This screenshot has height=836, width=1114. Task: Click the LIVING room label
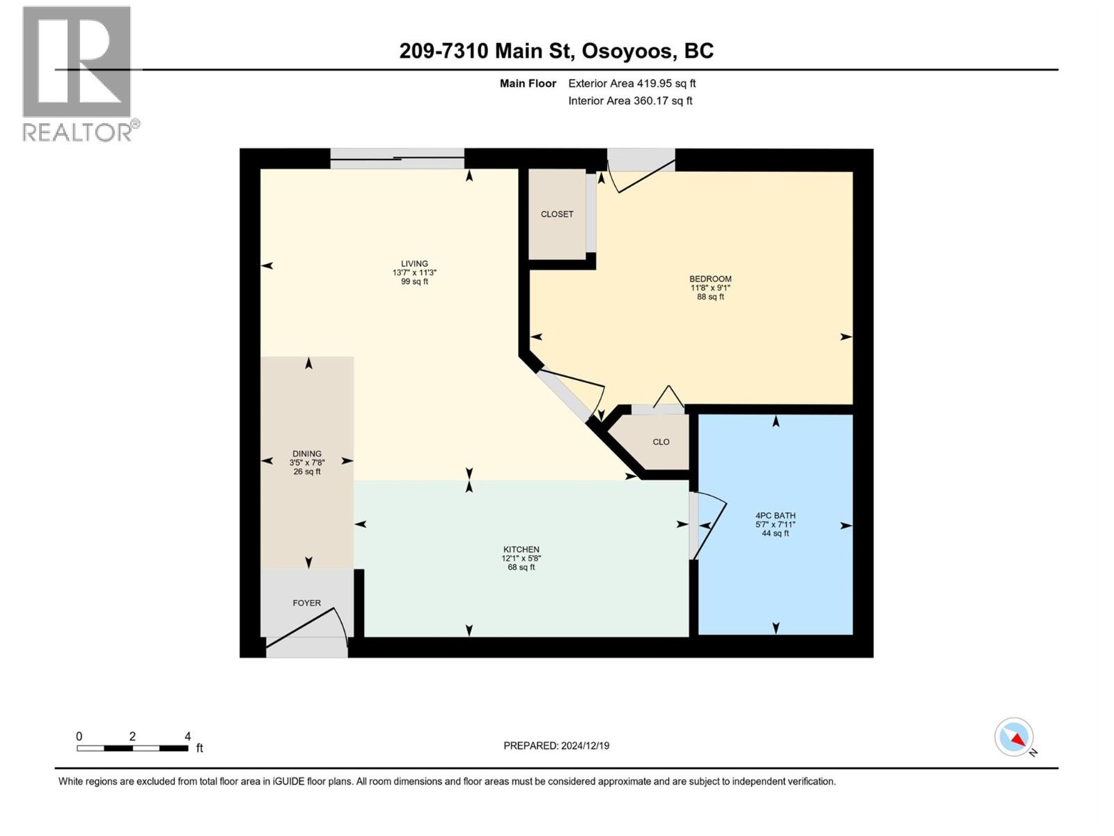tap(414, 264)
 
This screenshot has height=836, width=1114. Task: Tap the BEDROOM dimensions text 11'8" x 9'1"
tap(710, 288)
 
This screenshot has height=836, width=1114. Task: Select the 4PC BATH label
tap(775, 516)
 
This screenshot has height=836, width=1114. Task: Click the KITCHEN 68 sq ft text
tap(521, 567)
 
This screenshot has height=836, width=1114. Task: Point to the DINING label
tap(307, 454)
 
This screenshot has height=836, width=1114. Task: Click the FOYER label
tap(307, 603)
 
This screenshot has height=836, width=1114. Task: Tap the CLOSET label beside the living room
tap(557, 214)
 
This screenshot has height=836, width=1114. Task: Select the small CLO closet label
tap(661, 442)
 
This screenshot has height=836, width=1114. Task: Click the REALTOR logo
tap(78, 73)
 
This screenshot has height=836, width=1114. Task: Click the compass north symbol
tap(1014, 737)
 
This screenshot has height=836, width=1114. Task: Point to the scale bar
tap(132, 748)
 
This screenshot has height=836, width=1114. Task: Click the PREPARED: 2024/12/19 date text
tap(556, 745)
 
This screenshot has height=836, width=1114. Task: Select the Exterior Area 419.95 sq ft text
tap(631, 84)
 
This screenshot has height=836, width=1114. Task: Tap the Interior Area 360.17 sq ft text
tap(630, 101)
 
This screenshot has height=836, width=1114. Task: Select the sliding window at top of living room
tap(397, 159)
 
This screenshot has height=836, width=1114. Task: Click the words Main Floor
tap(528, 84)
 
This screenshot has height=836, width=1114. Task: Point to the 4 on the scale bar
tap(187, 736)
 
